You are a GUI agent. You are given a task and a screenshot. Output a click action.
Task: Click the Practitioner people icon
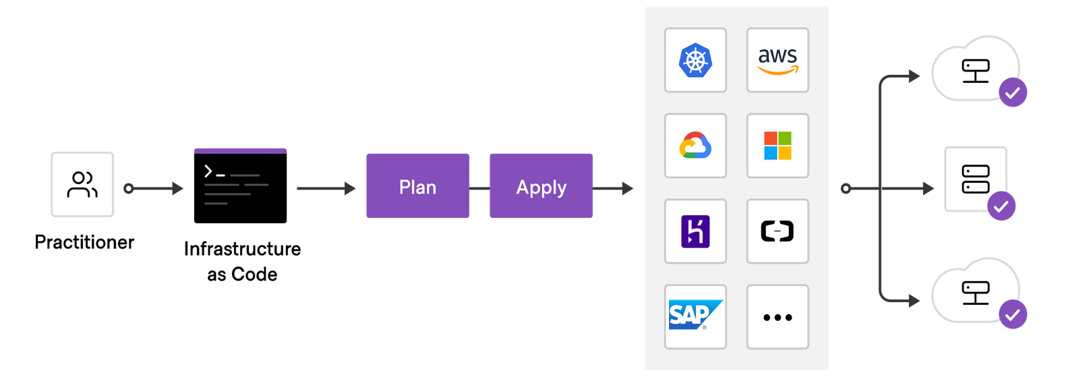tap(82, 184)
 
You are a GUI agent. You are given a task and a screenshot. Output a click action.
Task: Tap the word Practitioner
tap(84, 242)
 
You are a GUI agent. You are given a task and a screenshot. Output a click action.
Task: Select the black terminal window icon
tap(240, 186)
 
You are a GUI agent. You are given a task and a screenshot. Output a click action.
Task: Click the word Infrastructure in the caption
tap(242, 249)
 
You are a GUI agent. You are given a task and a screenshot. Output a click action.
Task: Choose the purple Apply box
tap(541, 186)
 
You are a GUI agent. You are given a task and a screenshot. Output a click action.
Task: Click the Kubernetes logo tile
tap(695, 60)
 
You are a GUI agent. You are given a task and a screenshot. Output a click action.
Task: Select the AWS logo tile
tap(778, 60)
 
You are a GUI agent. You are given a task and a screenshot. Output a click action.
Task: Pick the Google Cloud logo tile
tap(695, 146)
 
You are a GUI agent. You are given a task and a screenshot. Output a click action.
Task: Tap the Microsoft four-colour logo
tap(778, 146)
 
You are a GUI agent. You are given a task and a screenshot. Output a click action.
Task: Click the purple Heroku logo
tap(695, 231)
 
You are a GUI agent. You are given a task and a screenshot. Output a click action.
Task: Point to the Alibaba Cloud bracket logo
tap(778, 231)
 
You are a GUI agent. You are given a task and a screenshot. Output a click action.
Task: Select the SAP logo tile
tap(695, 317)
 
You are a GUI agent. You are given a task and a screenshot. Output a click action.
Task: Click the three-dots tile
tap(778, 317)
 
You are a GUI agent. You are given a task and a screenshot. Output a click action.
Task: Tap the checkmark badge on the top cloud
tap(1012, 92)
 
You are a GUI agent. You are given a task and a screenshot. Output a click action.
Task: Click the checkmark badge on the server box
tap(1001, 206)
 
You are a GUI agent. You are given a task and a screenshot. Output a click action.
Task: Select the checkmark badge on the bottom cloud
tap(1012, 314)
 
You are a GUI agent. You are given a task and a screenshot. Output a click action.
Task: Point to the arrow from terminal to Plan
tap(326, 188)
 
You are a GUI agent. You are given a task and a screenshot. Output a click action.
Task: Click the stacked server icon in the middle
tap(975, 179)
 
